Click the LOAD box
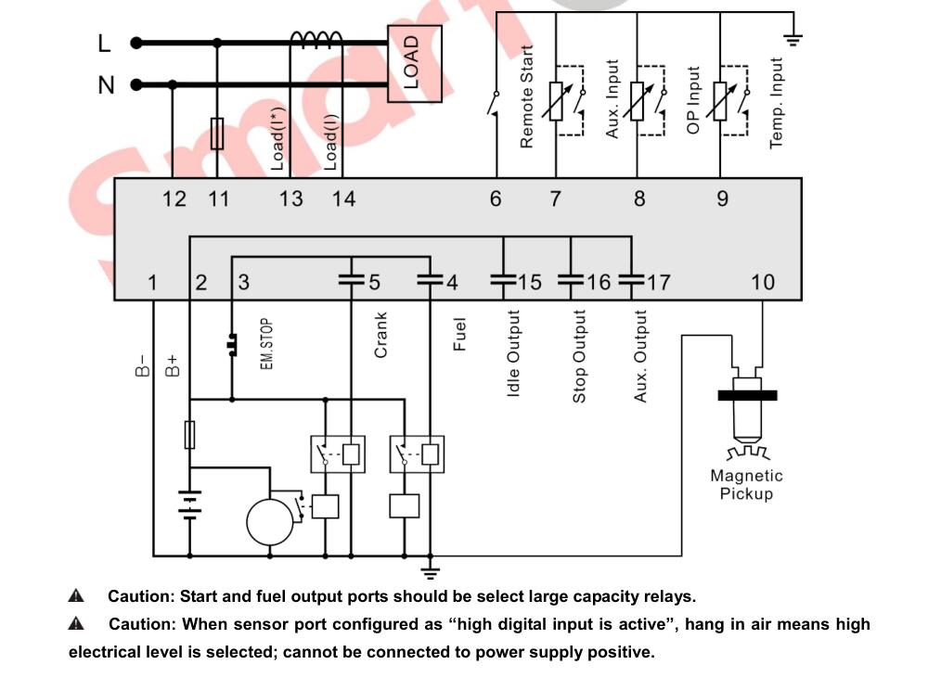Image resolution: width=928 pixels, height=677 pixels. point(414,63)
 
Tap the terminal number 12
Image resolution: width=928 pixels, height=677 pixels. point(174,198)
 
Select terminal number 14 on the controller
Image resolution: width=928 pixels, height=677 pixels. point(343,198)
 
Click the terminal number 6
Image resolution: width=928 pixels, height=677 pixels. point(496,198)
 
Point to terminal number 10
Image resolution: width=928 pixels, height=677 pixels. point(762,282)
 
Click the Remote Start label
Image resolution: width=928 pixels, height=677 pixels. point(526,96)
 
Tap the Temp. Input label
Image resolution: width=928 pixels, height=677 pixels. point(776,103)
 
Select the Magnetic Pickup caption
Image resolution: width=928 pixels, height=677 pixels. point(746,484)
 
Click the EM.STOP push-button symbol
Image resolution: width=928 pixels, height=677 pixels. point(231,345)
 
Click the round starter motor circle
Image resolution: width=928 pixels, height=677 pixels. point(270,522)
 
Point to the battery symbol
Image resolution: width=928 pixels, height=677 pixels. point(189,505)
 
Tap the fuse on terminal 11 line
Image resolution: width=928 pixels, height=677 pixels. point(217,133)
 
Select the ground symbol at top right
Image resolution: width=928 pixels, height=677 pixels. point(793,40)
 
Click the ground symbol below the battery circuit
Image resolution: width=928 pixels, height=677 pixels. point(431,572)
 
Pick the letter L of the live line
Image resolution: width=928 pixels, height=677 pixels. point(104,44)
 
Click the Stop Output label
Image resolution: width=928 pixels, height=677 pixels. point(579,356)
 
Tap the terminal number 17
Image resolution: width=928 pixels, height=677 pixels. point(658,282)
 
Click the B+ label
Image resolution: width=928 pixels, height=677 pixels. point(172,366)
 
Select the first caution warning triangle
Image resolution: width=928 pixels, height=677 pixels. point(76,595)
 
